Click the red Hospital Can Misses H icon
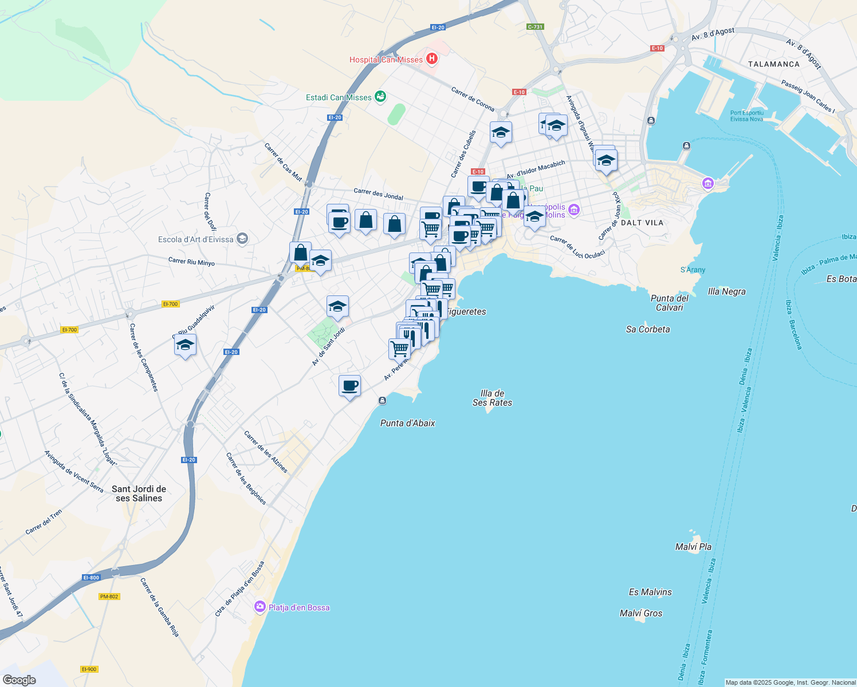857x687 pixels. pyautogui.click(x=432, y=59)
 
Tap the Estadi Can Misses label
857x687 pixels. pyautogui.click(x=339, y=97)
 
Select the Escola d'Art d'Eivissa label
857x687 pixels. pyautogui.click(x=195, y=239)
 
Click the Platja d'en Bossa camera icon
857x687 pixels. pyautogui.click(x=260, y=607)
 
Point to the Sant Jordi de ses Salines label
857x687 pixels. pyautogui.click(x=139, y=493)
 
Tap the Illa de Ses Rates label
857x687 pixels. pyautogui.click(x=492, y=398)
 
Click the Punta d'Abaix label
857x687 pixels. pyautogui.click(x=407, y=423)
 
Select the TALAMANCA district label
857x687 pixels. pyautogui.click(x=773, y=64)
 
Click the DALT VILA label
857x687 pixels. pyautogui.click(x=642, y=223)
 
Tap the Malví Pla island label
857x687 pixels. pyautogui.click(x=693, y=547)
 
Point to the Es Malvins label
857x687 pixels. pyautogui.click(x=650, y=592)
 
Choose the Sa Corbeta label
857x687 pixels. pyautogui.click(x=648, y=329)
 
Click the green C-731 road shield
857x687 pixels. pyautogui.click(x=535, y=27)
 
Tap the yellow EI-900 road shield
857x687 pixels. pyautogui.click(x=89, y=669)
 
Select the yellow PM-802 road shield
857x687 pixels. pyautogui.click(x=109, y=597)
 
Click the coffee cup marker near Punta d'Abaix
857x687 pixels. pyautogui.click(x=349, y=386)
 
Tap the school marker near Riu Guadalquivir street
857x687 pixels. pyautogui.click(x=185, y=345)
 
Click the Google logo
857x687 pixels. pyautogui.click(x=19, y=680)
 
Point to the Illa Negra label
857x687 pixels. pyautogui.click(x=726, y=291)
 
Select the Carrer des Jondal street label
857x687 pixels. pyautogui.click(x=378, y=194)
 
